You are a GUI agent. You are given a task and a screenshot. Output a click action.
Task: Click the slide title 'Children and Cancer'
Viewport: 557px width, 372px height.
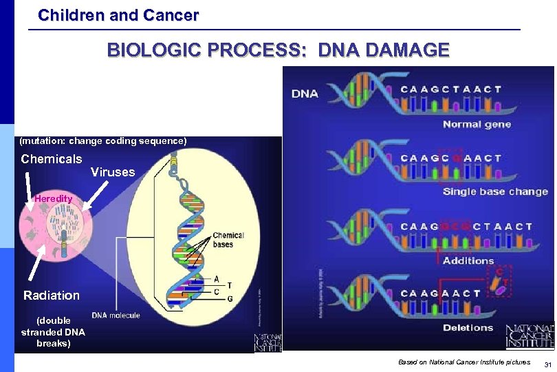(x=118, y=14)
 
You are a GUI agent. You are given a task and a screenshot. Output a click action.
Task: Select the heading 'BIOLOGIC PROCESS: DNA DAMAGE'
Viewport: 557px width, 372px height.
(x=278, y=50)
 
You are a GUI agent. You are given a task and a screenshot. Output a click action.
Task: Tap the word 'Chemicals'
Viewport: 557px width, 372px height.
(x=52, y=159)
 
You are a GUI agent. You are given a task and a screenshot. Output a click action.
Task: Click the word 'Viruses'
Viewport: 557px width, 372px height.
(x=113, y=172)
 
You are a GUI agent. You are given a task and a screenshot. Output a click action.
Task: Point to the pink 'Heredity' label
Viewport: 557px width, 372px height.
(x=54, y=198)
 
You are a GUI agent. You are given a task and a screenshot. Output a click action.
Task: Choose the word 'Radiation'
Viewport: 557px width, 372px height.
(x=52, y=296)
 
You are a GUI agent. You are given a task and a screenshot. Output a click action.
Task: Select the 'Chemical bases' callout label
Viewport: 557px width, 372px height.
(x=228, y=240)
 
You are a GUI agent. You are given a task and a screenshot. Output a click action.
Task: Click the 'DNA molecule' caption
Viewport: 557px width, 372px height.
(x=116, y=316)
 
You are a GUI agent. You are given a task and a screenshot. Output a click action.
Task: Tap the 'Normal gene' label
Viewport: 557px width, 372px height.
(x=477, y=125)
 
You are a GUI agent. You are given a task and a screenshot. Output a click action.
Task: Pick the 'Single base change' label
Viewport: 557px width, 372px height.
(x=495, y=192)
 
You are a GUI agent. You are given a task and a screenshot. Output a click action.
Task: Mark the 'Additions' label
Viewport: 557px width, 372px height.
(x=468, y=260)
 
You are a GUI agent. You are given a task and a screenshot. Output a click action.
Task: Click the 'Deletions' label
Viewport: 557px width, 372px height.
(x=468, y=328)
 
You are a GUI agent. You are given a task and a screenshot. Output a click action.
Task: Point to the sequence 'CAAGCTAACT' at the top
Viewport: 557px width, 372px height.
(x=451, y=89)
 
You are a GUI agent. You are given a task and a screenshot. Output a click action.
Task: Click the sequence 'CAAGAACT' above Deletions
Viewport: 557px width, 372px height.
(x=441, y=293)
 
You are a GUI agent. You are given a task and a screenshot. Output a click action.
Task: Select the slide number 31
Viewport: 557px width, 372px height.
(x=547, y=364)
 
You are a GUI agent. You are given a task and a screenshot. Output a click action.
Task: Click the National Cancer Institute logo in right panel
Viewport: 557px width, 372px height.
(x=529, y=336)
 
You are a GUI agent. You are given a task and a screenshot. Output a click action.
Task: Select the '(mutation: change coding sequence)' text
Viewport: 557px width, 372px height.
(x=103, y=141)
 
